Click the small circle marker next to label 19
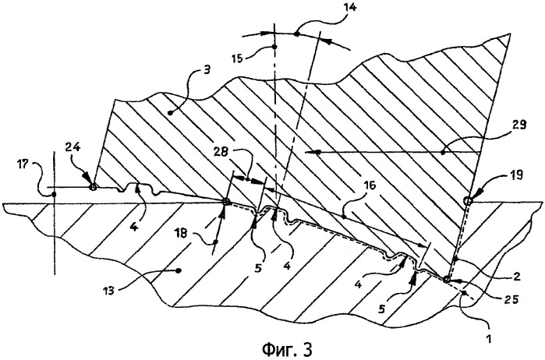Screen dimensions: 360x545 coord(467,201)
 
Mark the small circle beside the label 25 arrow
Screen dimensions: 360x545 coord(447,278)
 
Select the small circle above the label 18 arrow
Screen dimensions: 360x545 coord(226,203)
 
